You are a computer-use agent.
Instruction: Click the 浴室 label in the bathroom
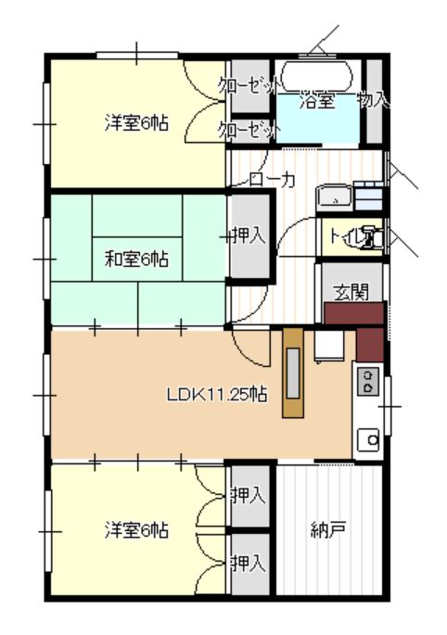coord(316,102)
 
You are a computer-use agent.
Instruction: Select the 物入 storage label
coord(373,98)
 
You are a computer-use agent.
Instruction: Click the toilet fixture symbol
coord(370,238)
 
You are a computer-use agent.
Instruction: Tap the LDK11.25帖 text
coord(217,394)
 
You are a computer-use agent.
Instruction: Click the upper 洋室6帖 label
coord(135,121)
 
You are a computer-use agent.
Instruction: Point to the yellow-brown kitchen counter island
coord(293,372)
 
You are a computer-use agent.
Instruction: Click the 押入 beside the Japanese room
coord(249,235)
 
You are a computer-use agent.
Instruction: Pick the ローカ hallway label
coord(273,181)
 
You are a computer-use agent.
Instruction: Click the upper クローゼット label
coord(249,85)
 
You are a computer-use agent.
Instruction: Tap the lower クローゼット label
coord(249,129)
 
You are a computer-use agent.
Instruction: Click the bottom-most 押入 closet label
coord(249,562)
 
